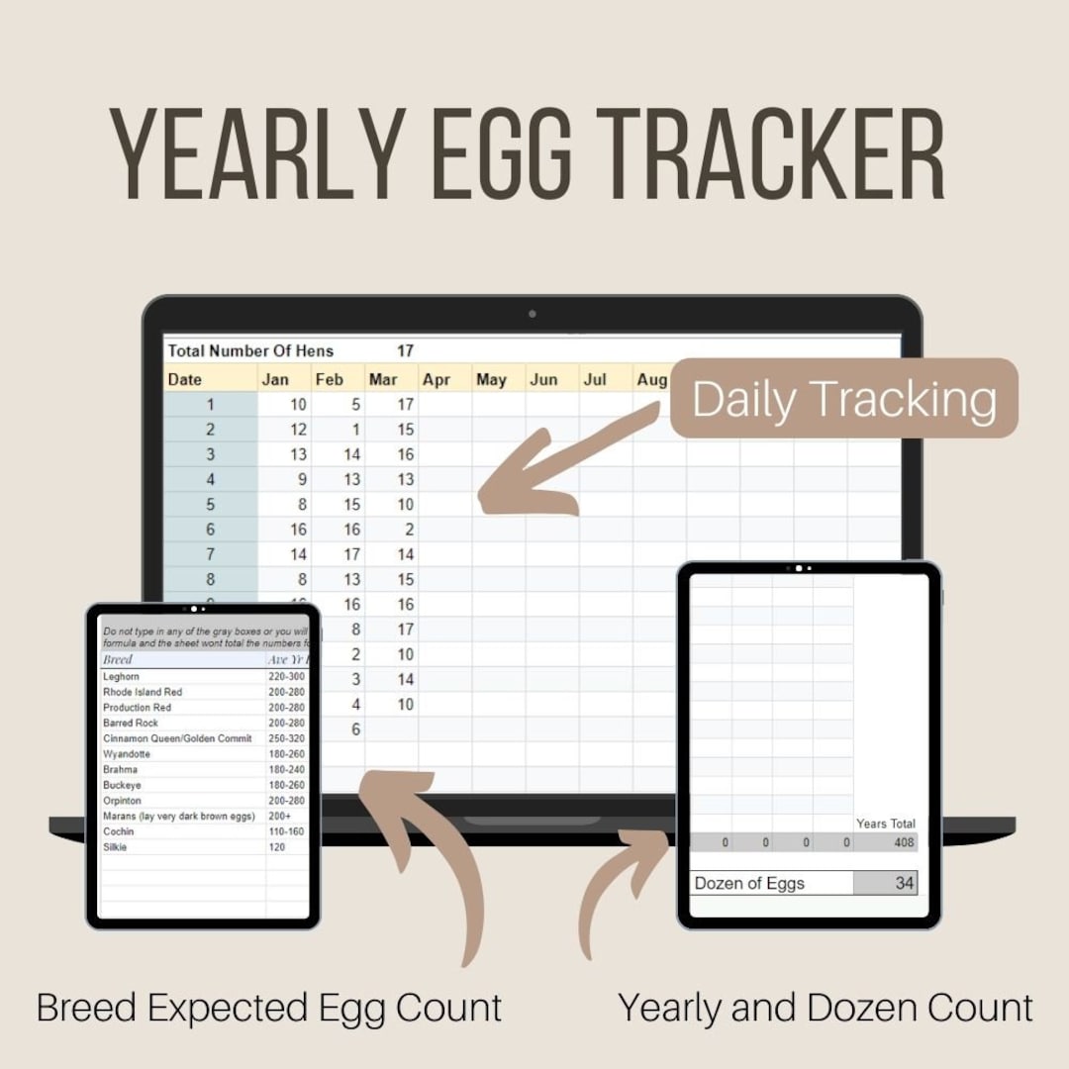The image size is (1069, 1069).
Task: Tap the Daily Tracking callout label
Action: (x=843, y=398)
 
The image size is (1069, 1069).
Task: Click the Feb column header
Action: (x=329, y=379)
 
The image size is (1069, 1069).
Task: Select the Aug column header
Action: (x=651, y=379)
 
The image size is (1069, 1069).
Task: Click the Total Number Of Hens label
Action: (x=250, y=350)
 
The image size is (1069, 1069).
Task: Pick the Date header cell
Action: (x=185, y=379)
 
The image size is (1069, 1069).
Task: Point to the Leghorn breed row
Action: (x=122, y=676)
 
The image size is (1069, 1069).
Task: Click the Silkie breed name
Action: (x=116, y=847)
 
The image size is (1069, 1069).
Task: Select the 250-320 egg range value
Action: (x=287, y=738)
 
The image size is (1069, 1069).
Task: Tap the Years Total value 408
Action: (x=902, y=842)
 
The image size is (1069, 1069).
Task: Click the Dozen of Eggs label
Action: (x=749, y=883)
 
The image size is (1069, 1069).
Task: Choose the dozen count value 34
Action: (x=904, y=883)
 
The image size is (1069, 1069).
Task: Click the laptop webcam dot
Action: (x=533, y=314)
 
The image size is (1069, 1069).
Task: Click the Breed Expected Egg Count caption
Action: (x=269, y=1008)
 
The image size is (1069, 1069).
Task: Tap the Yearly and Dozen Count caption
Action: (x=826, y=1008)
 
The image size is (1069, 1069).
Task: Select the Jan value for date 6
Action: (x=298, y=530)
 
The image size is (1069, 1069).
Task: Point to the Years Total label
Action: (x=886, y=824)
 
